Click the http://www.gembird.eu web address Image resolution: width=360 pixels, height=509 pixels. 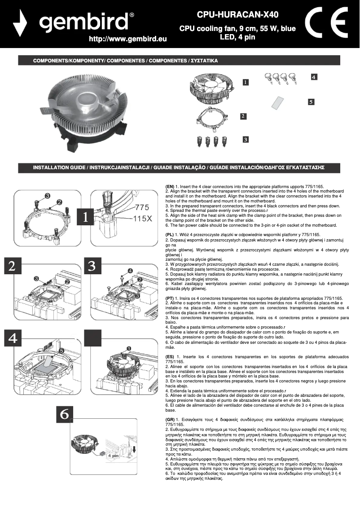(128, 39)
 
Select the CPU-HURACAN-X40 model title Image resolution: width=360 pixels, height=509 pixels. (237, 15)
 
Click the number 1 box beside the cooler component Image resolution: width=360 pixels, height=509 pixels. (246, 82)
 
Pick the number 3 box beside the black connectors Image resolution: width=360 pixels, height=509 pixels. (245, 140)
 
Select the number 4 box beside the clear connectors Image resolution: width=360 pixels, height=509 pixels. (314, 77)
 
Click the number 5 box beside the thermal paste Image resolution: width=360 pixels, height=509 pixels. (311, 102)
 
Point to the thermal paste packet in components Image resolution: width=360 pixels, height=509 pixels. (277, 103)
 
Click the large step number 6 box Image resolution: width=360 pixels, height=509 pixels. (65, 415)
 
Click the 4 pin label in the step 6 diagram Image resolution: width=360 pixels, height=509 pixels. (112, 455)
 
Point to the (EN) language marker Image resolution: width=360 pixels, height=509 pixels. (170, 186)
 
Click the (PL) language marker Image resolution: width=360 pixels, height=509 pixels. (170, 235)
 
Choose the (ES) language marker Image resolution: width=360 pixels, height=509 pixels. (170, 357)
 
